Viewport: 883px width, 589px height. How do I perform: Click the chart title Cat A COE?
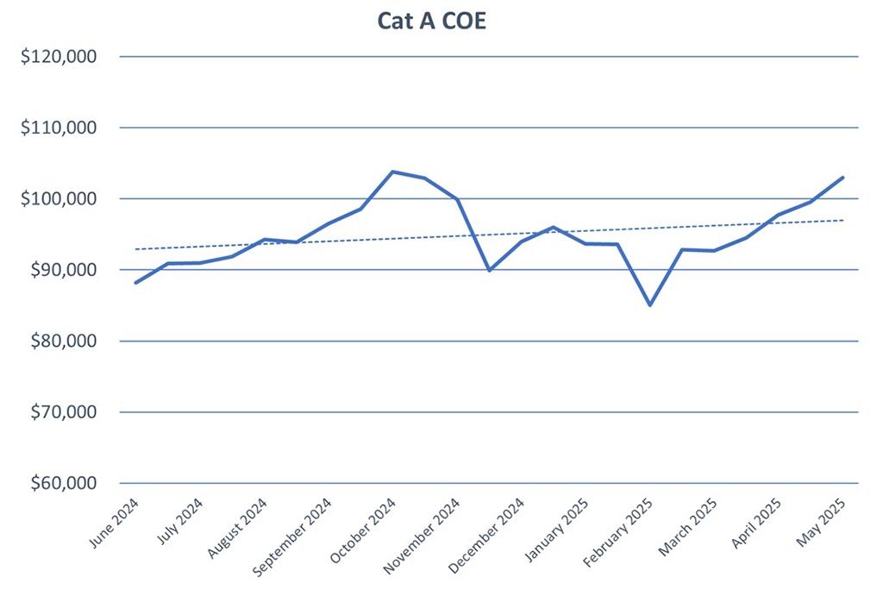[431, 21]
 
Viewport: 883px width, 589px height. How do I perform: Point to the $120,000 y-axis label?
[59, 57]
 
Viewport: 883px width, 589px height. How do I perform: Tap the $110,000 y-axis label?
[59, 128]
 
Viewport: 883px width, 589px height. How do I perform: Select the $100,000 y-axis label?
[59, 199]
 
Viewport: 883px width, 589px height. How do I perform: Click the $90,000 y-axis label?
[63, 270]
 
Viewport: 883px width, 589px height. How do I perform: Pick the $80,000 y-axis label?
[63, 341]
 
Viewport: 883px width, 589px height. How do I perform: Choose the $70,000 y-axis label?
[63, 412]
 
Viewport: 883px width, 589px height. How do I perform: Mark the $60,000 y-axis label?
[63, 483]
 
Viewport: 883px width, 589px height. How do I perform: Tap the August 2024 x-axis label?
[238, 526]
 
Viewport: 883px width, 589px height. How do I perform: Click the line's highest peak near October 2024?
[392, 172]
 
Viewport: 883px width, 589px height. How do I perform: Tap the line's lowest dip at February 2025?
[649, 305]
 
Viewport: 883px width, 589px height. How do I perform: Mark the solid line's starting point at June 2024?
[135, 283]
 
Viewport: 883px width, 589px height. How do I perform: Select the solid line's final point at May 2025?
[842, 178]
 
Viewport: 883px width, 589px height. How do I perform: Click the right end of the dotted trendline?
[843, 220]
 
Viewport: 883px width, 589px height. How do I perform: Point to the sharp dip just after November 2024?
[489, 271]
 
